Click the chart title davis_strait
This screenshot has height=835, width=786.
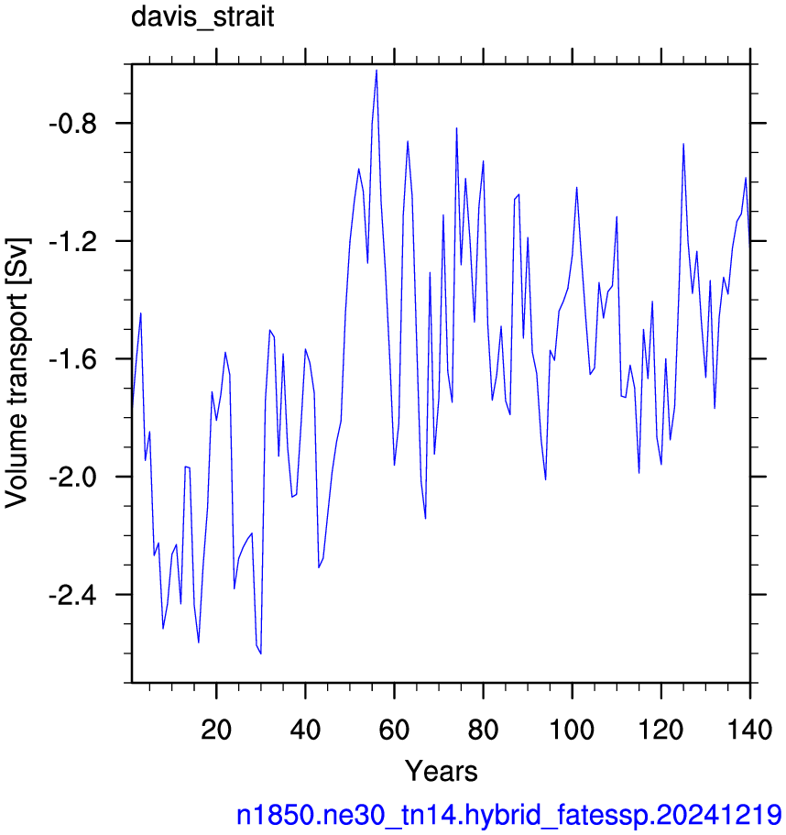pyautogui.click(x=202, y=17)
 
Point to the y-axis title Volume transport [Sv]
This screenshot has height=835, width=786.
pyautogui.click(x=16, y=373)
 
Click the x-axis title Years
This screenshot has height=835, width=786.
pyautogui.click(x=442, y=771)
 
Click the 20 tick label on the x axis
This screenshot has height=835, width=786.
pyautogui.click(x=216, y=729)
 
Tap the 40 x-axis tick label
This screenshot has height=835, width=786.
pyautogui.click(x=305, y=729)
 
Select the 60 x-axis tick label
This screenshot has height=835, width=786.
pyautogui.click(x=394, y=729)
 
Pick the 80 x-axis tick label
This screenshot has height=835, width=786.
pyautogui.click(x=483, y=729)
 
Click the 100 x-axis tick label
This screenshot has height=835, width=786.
pyautogui.click(x=572, y=729)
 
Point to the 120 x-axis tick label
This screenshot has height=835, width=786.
pyautogui.click(x=660, y=729)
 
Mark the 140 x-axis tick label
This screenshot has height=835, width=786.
pyautogui.click(x=749, y=729)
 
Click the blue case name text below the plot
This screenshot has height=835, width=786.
pyautogui.click(x=509, y=816)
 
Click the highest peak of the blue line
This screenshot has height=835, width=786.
pyautogui.click(x=377, y=71)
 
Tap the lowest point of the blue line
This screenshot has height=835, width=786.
pyautogui.click(x=261, y=654)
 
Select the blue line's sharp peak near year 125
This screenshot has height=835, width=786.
pyautogui.click(x=683, y=144)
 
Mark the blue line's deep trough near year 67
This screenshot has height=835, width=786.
pyautogui.click(x=425, y=518)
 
